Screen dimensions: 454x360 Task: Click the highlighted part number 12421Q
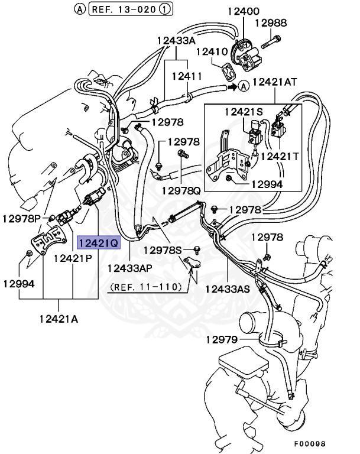98,242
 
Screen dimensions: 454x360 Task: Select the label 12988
271,24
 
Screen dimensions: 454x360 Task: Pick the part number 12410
212,52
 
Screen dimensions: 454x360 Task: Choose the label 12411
187,76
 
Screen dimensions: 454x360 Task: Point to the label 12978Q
181,191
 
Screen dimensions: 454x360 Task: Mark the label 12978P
21,218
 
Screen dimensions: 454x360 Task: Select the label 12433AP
130,268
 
